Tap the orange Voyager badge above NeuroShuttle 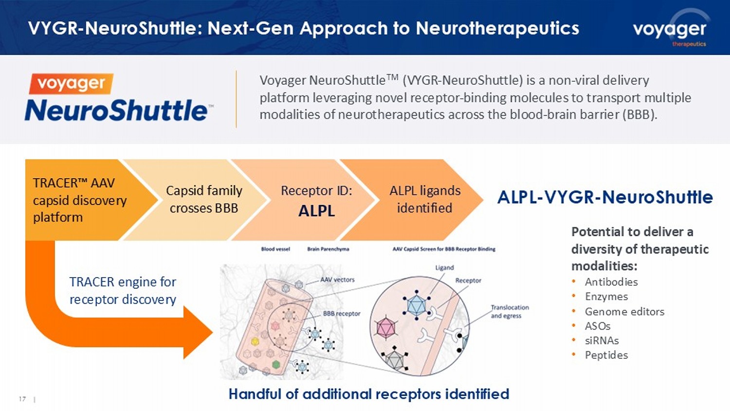[71, 83]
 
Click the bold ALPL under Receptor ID [316, 211]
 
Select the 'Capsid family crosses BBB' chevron [203, 199]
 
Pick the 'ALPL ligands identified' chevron [424, 199]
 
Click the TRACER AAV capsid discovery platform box [79, 200]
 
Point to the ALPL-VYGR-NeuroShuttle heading [605, 197]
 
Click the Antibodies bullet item [611, 282]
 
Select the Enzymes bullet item [606, 297]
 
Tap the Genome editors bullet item [624, 312]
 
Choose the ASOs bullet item [597, 326]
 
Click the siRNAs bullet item [602, 340]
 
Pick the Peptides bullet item [606, 355]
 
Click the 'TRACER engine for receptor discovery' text [123, 291]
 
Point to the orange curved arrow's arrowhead [197, 333]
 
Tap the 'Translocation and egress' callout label [509, 312]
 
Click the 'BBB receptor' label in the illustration [342, 314]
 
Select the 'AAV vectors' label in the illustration [337, 280]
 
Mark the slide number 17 [22, 399]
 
